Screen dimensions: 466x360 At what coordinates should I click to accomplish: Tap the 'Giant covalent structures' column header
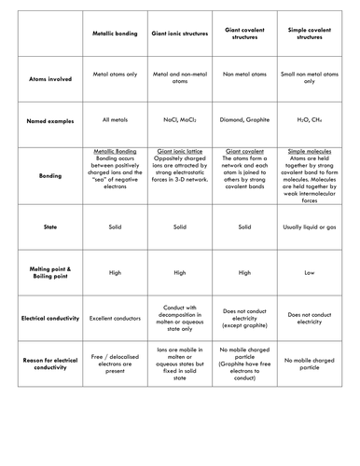click(x=244, y=33)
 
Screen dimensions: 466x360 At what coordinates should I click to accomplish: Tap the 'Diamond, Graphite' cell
click(x=244, y=120)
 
